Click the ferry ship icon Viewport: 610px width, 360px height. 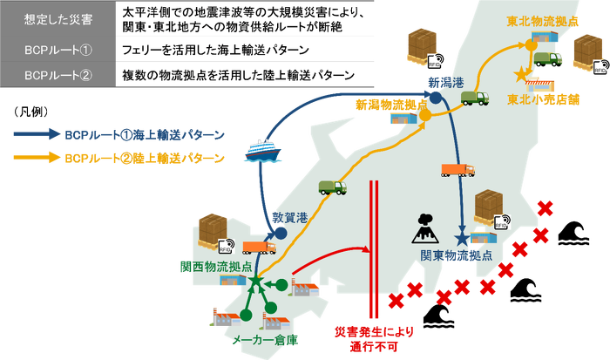pyautogui.click(x=261, y=150)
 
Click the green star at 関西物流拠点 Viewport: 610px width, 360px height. pyautogui.click(x=255, y=282)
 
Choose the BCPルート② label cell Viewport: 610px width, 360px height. pyautogui.click(x=56, y=75)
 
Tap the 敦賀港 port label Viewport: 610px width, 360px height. pyautogui.click(x=291, y=216)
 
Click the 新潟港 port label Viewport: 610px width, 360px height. pyautogui.click(x=444, y=81)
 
